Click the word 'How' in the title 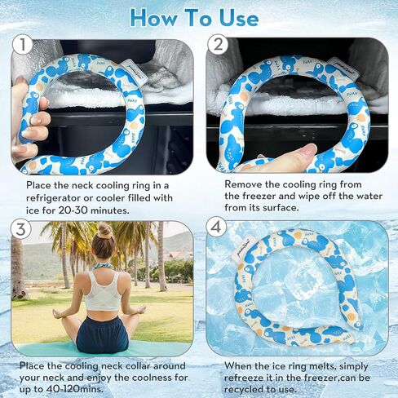[154, 18]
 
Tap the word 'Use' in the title [239, 18]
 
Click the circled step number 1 [23, 44]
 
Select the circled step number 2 [218, 44]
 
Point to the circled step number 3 [21, 229]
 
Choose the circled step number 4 [216, 227]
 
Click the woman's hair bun [105, 231]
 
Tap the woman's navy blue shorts [102, 334]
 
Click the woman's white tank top [102, 291]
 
